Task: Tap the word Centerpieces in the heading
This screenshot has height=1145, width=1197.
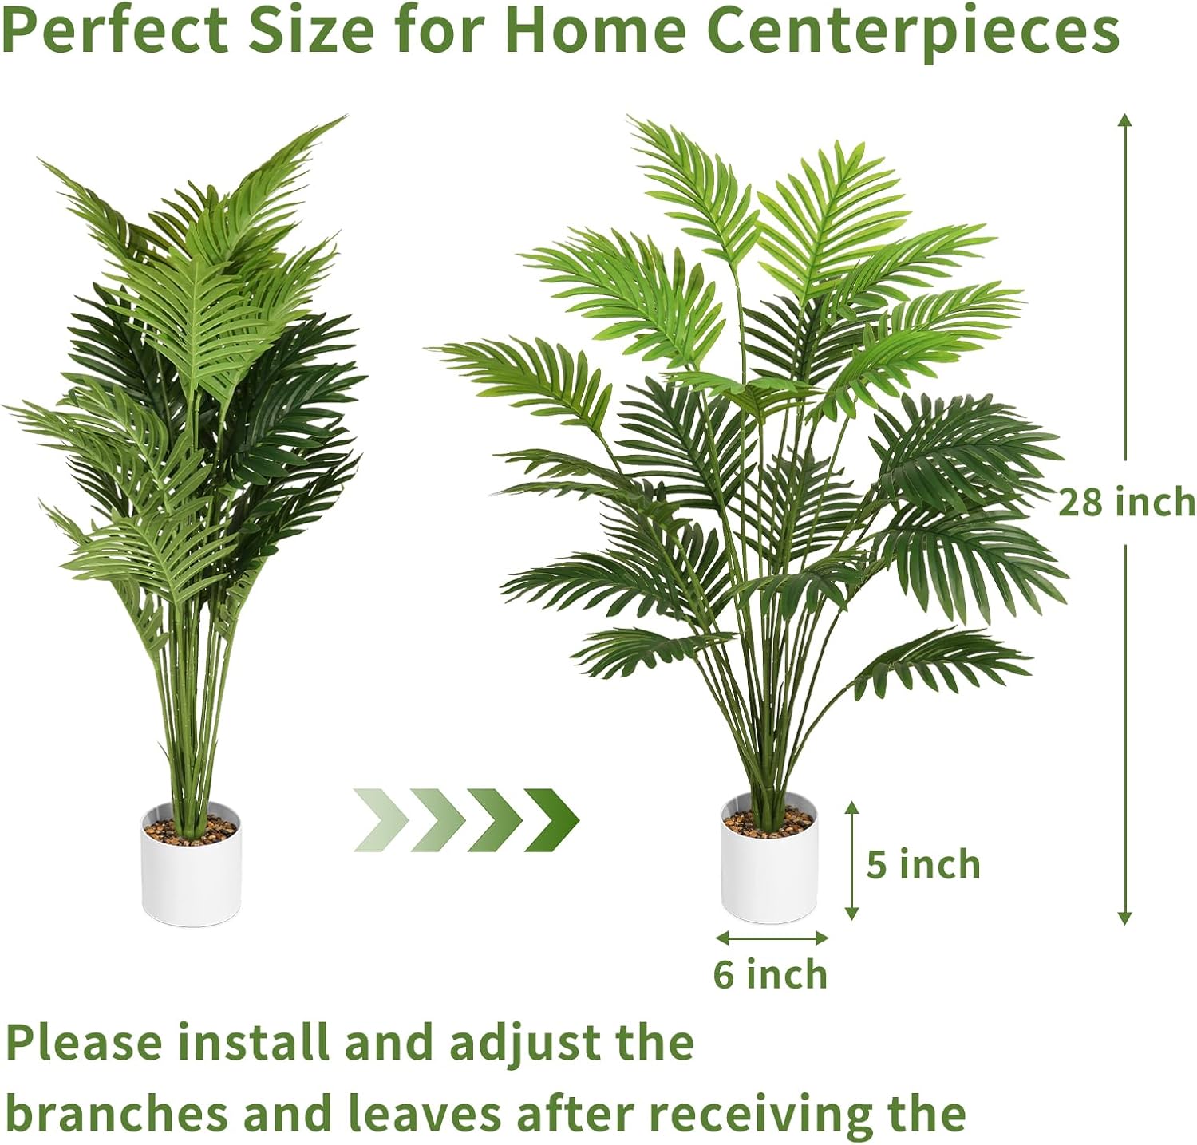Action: pos(913,33)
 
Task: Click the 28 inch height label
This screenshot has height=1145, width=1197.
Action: pos(1127,503)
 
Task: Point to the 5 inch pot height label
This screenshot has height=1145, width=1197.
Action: pos(923,864)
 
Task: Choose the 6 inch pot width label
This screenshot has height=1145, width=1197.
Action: pos(770,974)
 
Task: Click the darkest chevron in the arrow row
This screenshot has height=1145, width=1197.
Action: pos(551,819)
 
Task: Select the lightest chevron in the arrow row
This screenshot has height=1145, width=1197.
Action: pos(381,819)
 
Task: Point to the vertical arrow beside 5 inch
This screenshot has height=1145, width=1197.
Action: pos(852,860)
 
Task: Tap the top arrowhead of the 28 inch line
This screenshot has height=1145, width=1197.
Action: pos(1125,120)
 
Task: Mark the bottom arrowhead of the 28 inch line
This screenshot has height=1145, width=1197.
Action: pos(1125,918)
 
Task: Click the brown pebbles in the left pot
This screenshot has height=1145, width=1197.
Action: pos(192,827)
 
